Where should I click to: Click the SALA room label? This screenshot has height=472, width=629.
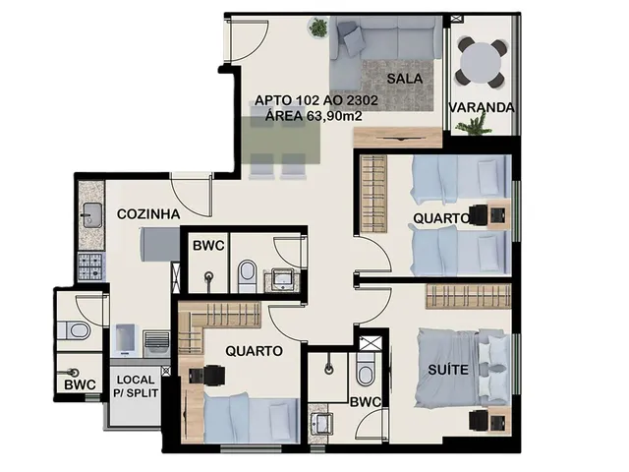pyautogui.click(x=404, y=79)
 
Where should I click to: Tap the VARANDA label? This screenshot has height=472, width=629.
pyautogui.click(x=482, y=107)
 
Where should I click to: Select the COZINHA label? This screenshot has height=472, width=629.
pyautogui.click(x=148, y=214)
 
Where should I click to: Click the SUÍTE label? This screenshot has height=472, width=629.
pyautogui.click(x=448, y=370)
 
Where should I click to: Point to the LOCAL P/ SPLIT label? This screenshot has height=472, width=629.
pyautogui.click(x=136, y=386)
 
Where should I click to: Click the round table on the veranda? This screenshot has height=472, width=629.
pyautogui.click(x=481, y=62)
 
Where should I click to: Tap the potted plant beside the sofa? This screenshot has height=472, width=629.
pyautogui.click(x=318, y=28)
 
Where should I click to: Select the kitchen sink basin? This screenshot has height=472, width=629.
pyautogui.click(x=91, y=215)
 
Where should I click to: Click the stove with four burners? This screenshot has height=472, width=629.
pyautogui.click(x=91, y=267)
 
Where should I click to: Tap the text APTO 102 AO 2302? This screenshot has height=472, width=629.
pyautogui.click(x=316, y=100)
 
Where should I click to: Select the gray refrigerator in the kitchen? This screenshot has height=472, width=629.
pyautogui.click(x=159, y=245)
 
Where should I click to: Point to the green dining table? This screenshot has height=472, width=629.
pyautogui.click(x=281, y=141)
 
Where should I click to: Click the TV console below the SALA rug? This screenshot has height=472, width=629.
pyautogui.click(x=397, y=138)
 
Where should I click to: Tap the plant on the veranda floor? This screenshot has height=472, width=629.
pyautogui.click(x=474, y=124)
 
